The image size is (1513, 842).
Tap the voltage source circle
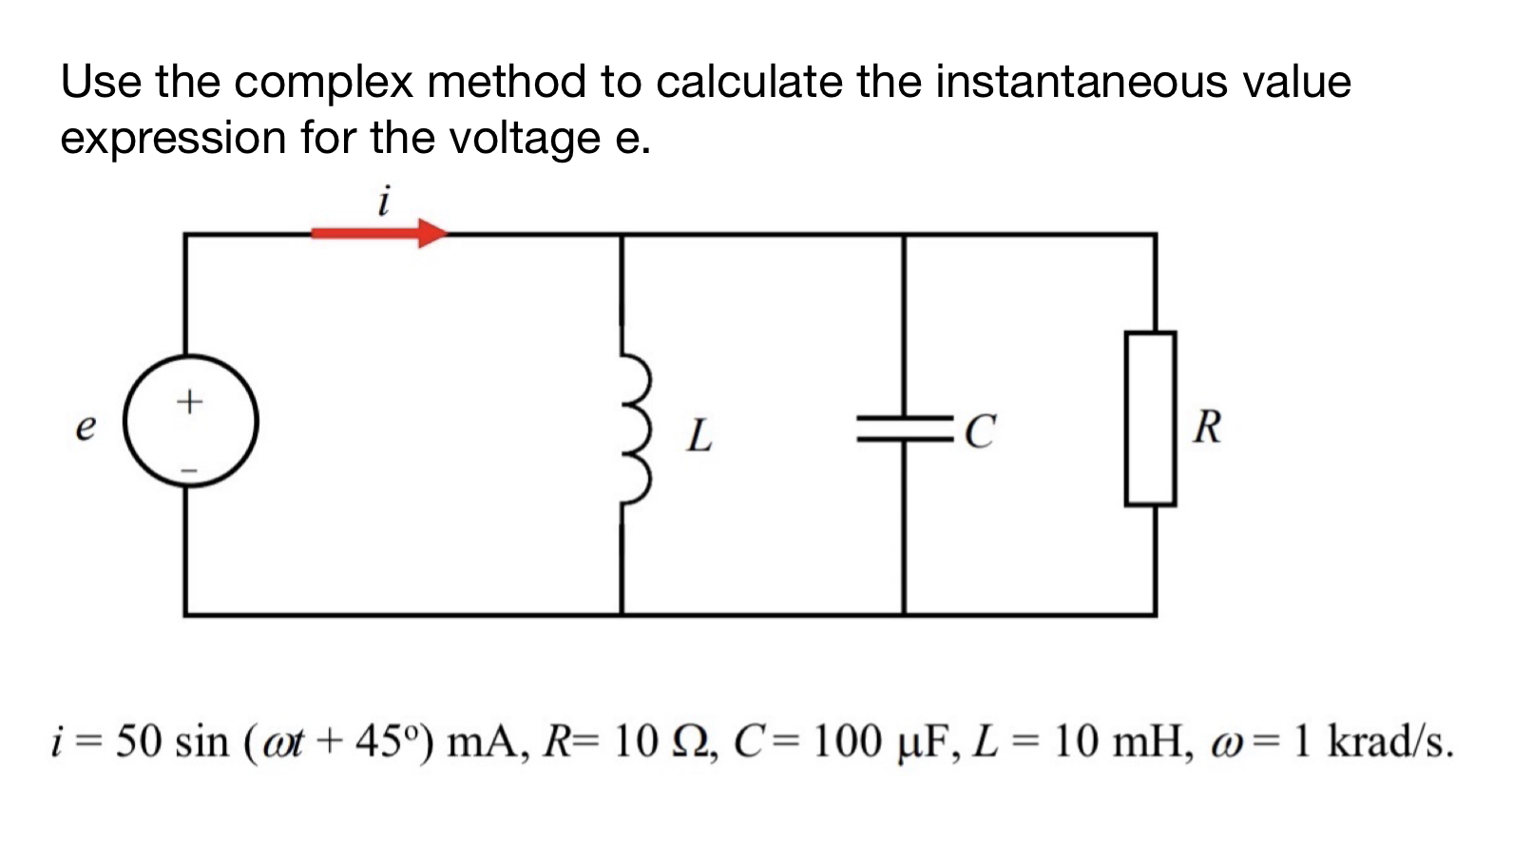190,421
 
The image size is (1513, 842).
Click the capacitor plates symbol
905,429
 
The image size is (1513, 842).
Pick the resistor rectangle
1150,418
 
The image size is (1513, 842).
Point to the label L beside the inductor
699,435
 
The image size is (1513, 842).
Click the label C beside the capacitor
979,431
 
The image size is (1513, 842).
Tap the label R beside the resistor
1207,427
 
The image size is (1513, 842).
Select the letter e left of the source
86,428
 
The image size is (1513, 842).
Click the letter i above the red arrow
383,201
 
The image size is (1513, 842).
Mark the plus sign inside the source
189,401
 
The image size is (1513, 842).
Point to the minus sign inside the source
189,469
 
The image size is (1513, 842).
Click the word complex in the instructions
323,82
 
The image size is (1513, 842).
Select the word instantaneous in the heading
1081,82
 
